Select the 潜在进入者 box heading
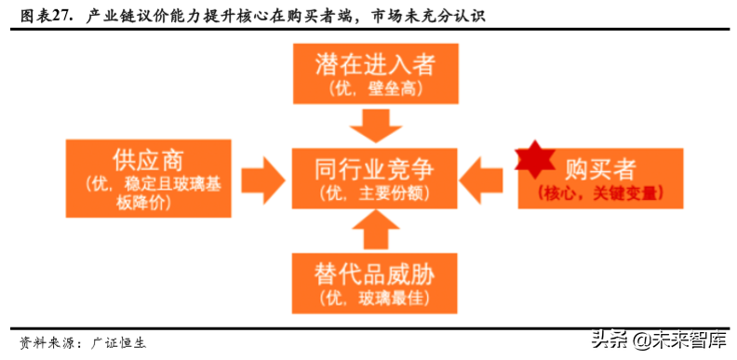[375, 64]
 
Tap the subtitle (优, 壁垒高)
[375, 88]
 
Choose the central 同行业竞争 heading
[375, 169]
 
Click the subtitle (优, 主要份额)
[375, 193]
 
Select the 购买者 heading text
[600, 169]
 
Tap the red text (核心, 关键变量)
[600, 193]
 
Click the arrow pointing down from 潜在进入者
[375, 122]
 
